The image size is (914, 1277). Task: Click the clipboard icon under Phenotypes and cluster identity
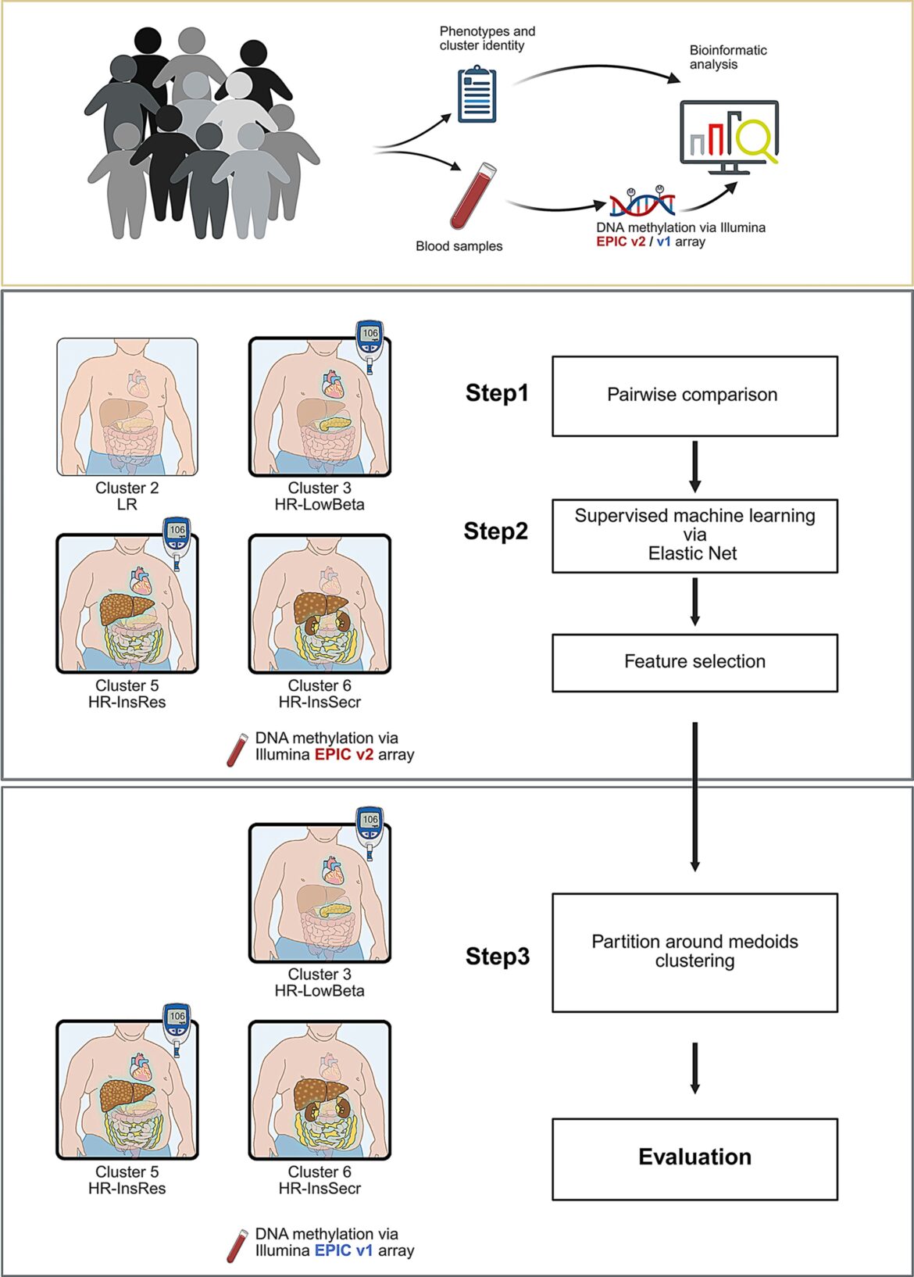click(x=477, y=95)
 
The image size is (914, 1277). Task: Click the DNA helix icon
click(x=642, y=202)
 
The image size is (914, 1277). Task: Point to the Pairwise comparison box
click(x=694, y=395)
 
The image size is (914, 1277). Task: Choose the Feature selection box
click(x=694, y=662)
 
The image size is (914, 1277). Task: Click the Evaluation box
click(x=694, y=1158)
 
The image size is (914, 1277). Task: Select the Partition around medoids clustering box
click(x=694, y=952)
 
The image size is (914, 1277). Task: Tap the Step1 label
click(x=497, y=393)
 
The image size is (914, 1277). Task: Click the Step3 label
click(x=498, y=957)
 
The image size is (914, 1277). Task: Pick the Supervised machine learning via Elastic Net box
click(x=694, y=535)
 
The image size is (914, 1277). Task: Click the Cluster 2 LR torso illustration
click(x=127, y=406)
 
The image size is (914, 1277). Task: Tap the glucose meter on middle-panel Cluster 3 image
click(x=370, y=343)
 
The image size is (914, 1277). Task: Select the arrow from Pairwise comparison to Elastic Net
click(x=694, y=467)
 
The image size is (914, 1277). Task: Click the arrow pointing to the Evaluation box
click(x=694, y=1068)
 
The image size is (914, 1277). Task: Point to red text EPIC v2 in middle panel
click(x=344, y=755)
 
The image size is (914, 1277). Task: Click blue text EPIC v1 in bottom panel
click(x=344, y=1250)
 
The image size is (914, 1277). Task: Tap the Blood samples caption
click(x=459, y=246)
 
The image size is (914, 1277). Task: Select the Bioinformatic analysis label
click(x=727, y=57)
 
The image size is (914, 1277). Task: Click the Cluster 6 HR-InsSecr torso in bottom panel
click(x=320, y=1089)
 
